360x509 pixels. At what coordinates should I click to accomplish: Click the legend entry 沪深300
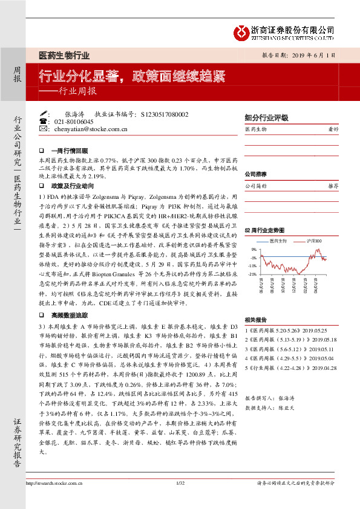point(313,241)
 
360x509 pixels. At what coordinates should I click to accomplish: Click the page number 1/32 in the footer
point(180,499)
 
